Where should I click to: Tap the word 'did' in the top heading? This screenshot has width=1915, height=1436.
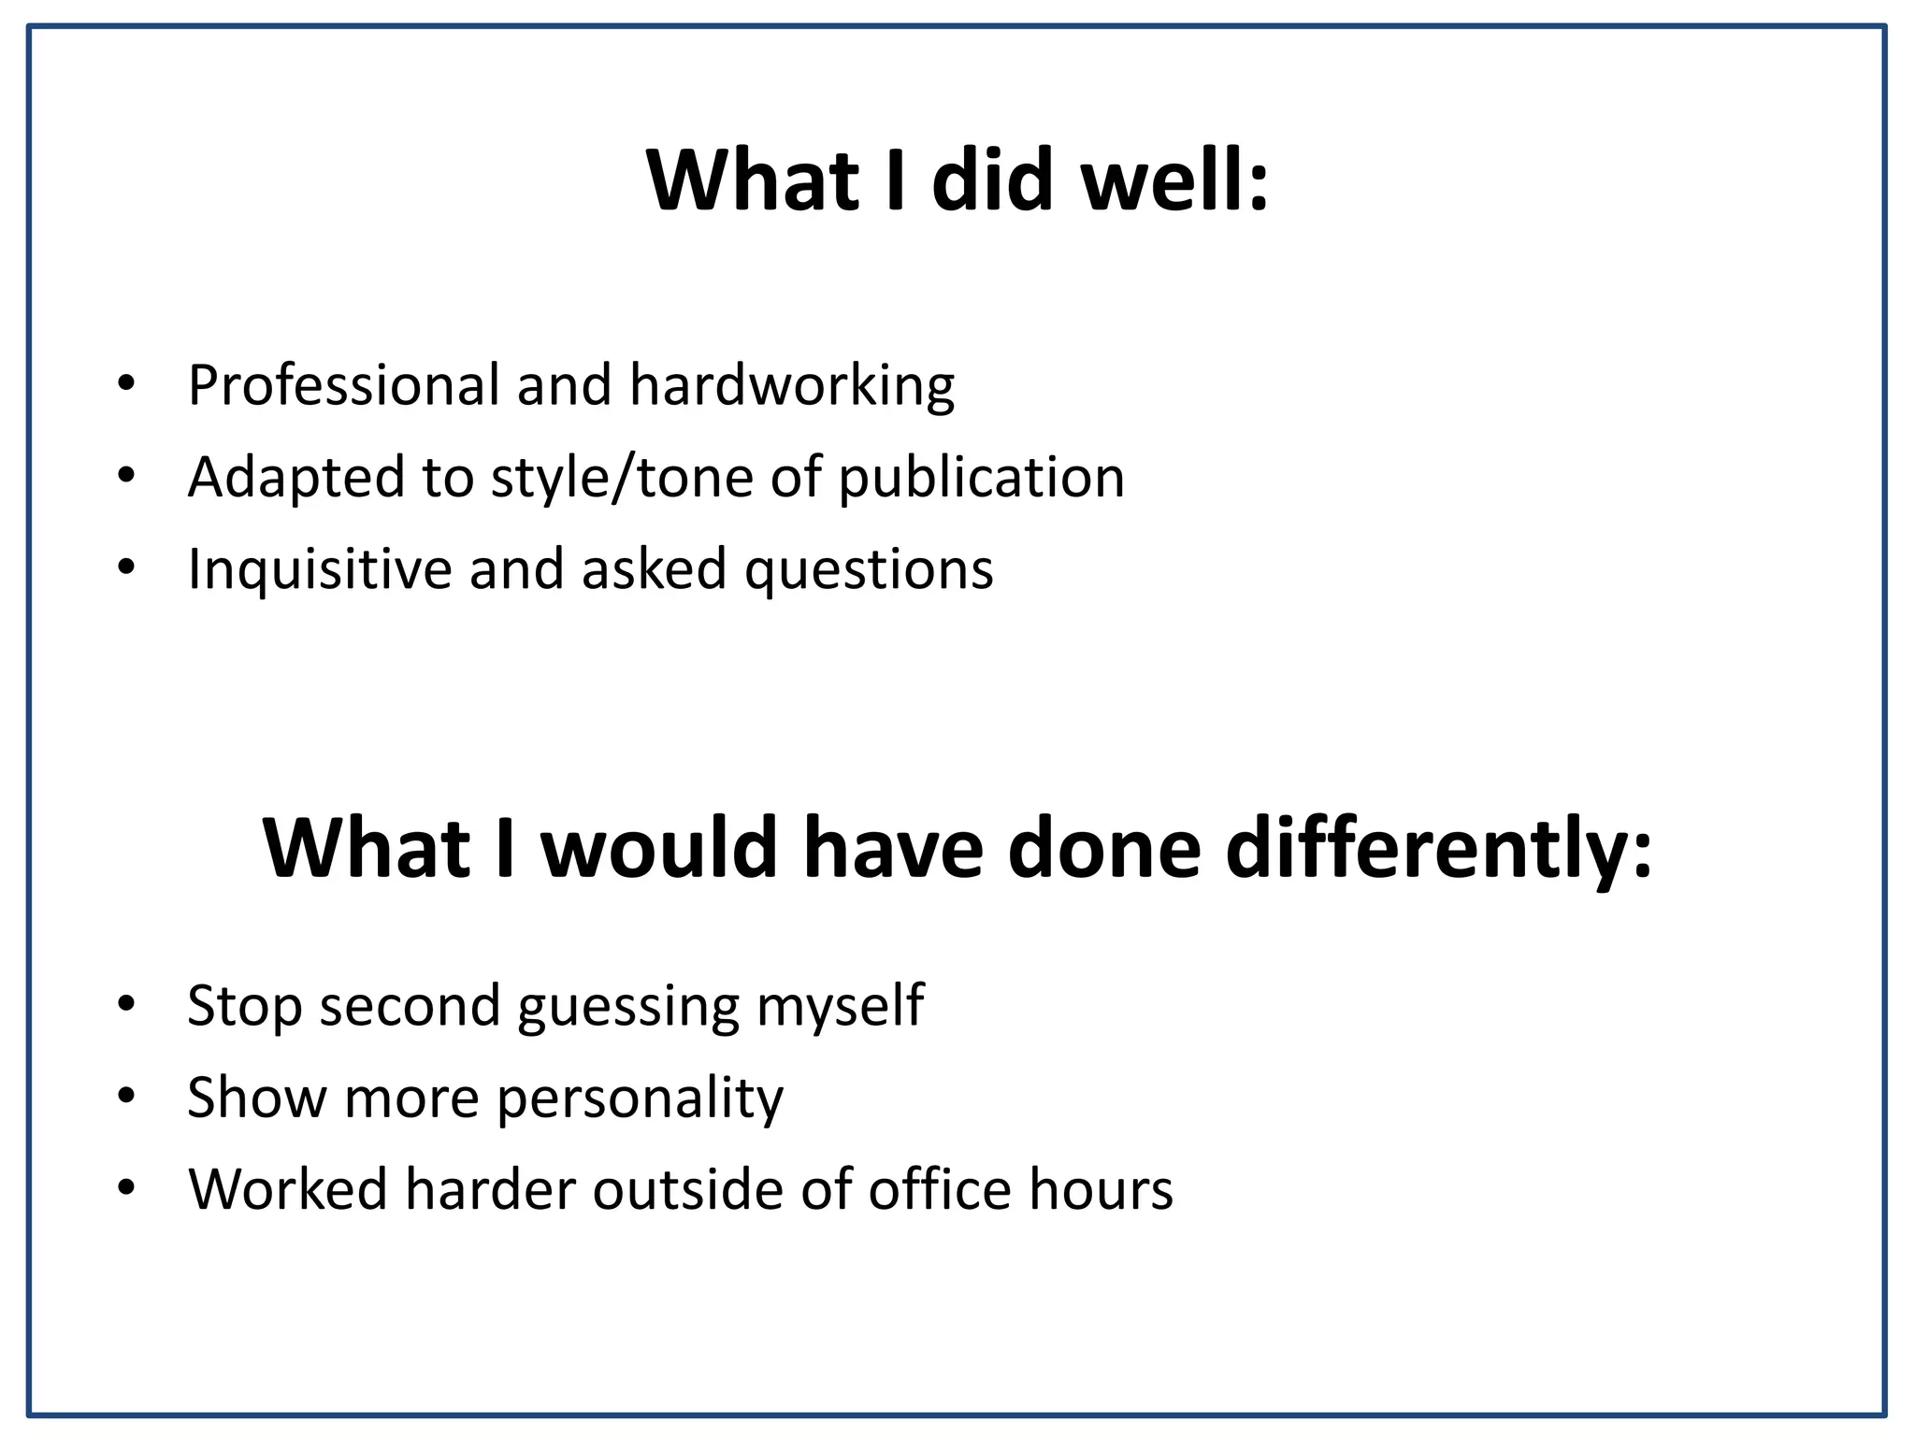[992, 179]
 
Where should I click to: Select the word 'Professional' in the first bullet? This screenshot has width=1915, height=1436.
[344, 385]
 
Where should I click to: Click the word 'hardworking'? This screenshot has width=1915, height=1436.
[792, 385]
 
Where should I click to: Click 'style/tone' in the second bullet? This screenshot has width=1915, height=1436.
[622, 478]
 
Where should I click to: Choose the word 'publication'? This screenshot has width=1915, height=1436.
[981, 478]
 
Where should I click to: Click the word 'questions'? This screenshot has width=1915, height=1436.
[869, 569]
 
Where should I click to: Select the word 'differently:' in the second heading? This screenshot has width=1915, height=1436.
[1439, 848]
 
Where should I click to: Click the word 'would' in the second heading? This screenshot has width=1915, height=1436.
[660, 848]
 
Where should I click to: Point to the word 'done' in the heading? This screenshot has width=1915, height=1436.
[1104, 848]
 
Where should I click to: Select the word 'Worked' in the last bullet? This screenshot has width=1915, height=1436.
[288, 1190]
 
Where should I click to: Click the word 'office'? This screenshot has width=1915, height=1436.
[940, 1190]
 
